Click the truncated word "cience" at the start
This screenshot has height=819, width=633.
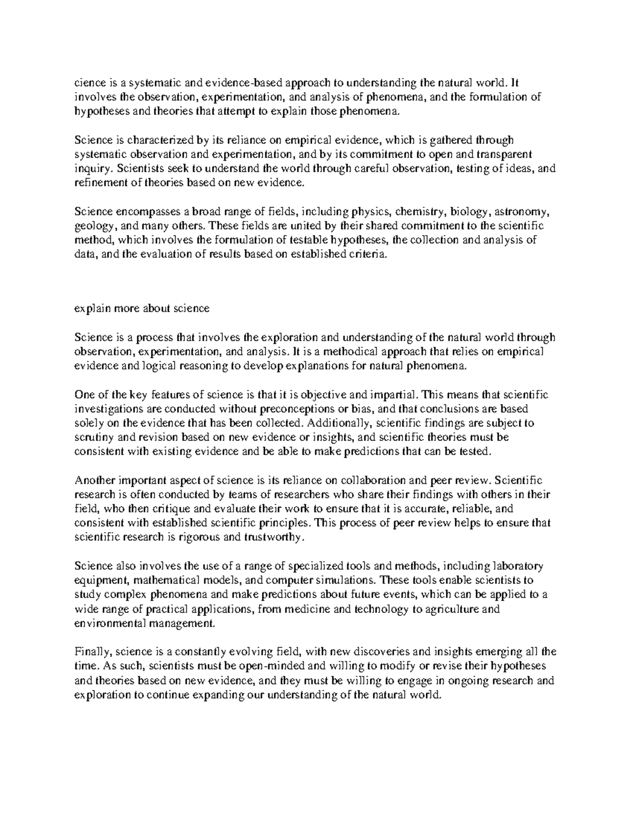pyautogui.click(x=87, y=83)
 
